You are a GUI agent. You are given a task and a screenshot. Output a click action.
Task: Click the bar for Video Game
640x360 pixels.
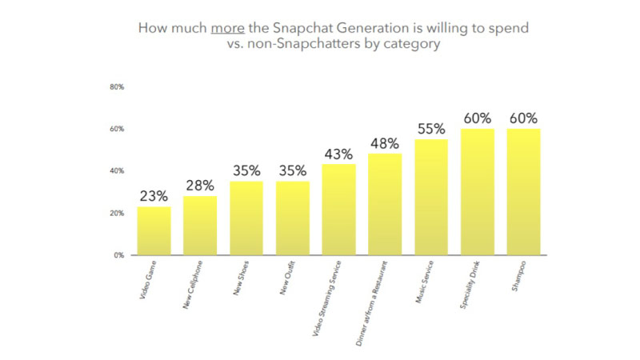[x=153, y=230]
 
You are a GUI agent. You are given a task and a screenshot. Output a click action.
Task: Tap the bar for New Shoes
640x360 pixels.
[x=246, y=218]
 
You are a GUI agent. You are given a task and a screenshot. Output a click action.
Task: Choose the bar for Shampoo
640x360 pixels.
[x=523, y=192]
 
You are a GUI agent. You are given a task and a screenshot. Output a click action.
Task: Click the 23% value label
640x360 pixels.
[x=153, y=195]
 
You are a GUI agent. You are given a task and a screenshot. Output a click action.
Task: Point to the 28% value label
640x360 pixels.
[x=199, y=185]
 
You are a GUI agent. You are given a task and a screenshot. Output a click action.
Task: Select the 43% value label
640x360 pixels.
[x=338, y=154]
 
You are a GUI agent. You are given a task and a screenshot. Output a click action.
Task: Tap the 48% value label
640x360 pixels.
[x=385, y=142]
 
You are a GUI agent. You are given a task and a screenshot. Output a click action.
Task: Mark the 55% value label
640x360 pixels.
[x=430, y=128]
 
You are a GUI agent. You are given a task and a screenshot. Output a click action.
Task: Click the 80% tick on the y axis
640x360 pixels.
[x=116, y=87]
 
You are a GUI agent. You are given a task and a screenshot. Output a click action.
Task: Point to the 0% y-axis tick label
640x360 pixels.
[x=118, y=255]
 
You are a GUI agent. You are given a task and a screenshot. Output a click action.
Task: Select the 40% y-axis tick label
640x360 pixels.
[x=116, y=171]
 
